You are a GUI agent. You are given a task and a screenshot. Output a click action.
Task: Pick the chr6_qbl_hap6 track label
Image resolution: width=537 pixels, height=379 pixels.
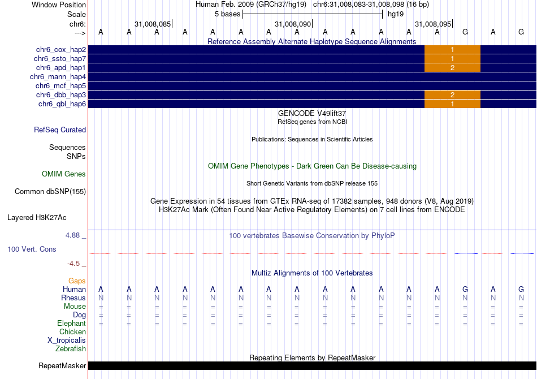62,104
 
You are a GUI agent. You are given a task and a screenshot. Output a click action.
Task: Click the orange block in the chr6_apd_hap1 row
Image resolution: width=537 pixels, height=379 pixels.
452,68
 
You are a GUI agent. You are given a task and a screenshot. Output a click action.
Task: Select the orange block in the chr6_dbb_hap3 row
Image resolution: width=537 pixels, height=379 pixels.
452,95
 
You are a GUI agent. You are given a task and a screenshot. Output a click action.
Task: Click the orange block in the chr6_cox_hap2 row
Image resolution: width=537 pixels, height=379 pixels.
452,50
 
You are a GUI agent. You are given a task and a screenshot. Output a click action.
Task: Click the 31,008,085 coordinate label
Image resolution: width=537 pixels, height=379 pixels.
153,24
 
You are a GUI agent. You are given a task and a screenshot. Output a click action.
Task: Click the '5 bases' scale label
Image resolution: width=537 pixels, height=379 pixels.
227,14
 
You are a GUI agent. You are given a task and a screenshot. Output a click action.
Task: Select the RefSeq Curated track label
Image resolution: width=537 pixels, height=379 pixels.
60,130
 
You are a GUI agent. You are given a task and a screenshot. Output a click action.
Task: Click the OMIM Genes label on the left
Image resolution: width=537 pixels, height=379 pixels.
64,174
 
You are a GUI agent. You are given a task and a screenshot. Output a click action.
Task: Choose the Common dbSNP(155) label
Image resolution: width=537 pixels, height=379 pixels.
50,192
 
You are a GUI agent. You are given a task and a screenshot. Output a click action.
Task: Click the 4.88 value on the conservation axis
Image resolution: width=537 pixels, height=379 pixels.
74,235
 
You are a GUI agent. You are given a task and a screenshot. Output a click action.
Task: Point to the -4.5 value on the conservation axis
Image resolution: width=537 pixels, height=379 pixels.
74,263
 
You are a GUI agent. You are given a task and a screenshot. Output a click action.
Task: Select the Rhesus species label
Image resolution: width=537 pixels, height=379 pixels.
73,298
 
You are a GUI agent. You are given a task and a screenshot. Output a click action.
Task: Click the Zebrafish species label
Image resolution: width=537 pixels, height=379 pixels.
71,349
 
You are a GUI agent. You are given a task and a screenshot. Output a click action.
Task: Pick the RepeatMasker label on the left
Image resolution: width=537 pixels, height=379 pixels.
62,366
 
